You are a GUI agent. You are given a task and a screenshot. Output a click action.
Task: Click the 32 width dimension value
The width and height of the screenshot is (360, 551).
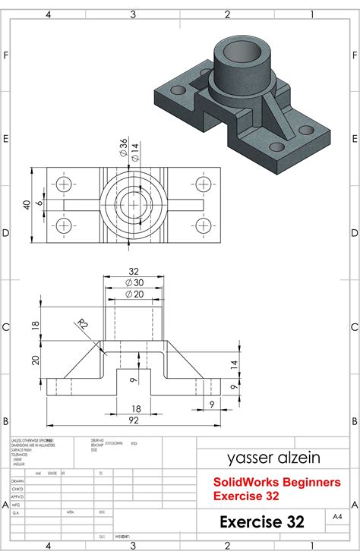[x=134, y=271]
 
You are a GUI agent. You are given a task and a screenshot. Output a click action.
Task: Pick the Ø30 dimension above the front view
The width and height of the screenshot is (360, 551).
[x=134, y=282]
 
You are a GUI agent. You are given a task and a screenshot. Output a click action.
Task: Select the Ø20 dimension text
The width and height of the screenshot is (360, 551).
[x=134, y=294]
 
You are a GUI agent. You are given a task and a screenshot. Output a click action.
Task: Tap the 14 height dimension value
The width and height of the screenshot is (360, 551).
[x=233, y=364]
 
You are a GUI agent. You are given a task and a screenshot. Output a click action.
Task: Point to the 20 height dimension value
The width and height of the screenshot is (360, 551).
[x=34, y=361]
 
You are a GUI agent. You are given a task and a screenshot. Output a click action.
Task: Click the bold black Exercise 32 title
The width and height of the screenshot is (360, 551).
[x=262, y=522]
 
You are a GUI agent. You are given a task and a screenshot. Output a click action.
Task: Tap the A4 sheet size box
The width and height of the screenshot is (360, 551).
[x=337, y=516]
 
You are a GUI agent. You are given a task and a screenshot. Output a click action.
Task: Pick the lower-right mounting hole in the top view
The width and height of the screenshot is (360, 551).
[x=203, y=225]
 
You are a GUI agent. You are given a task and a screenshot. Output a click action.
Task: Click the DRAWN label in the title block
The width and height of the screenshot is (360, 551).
[x=17, y=480]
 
